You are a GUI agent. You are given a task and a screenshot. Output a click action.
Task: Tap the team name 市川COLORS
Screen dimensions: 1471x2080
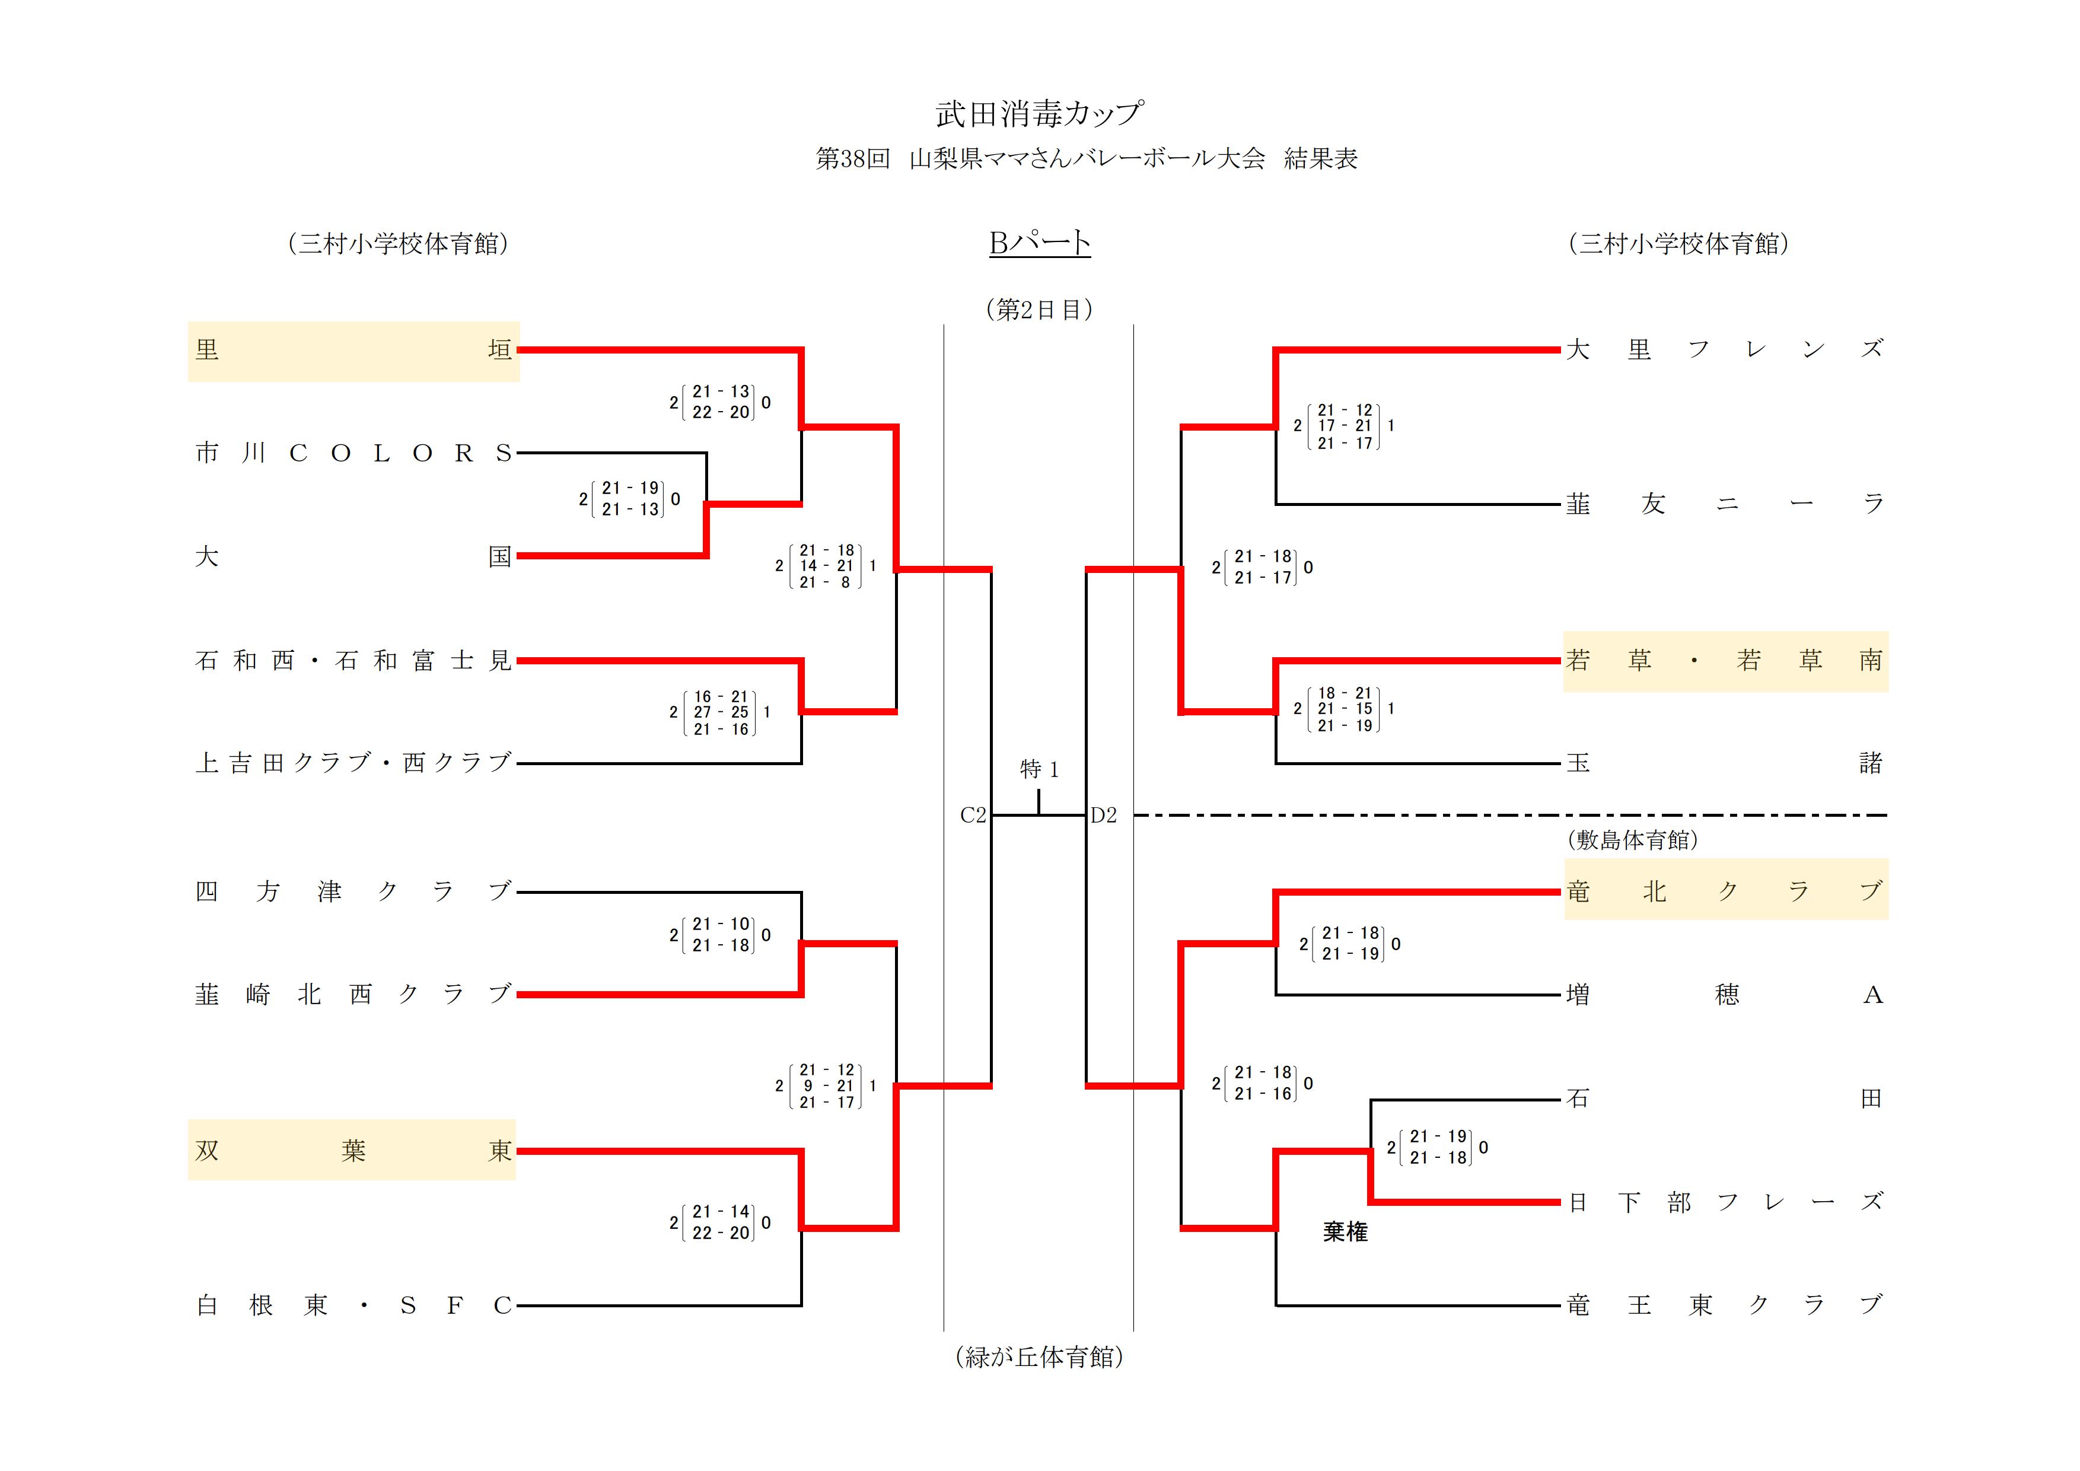click(353, 453)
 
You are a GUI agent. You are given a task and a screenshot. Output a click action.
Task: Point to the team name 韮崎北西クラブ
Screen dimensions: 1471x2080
click(353, 995)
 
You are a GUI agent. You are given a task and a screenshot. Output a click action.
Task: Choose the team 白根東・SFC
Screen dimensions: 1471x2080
click(353, 1306)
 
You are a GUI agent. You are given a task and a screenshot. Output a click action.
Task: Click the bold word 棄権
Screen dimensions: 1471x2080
click(1345, 1232)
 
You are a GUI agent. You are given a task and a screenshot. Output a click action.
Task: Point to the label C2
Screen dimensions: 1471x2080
click(973, 815)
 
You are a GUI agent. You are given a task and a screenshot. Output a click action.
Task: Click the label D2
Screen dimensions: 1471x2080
click(1103, 815)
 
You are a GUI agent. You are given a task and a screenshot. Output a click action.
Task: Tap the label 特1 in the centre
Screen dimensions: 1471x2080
click(1039, 769)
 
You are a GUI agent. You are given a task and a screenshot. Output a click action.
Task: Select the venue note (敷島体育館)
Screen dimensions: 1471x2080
click(1632, 840)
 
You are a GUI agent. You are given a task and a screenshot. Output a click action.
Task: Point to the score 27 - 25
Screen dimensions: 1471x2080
click(721, 712)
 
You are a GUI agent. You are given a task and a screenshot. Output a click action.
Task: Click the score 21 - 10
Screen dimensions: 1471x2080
click(721, 924)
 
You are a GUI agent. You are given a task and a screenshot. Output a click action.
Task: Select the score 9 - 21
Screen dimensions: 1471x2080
click(827, 1085)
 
